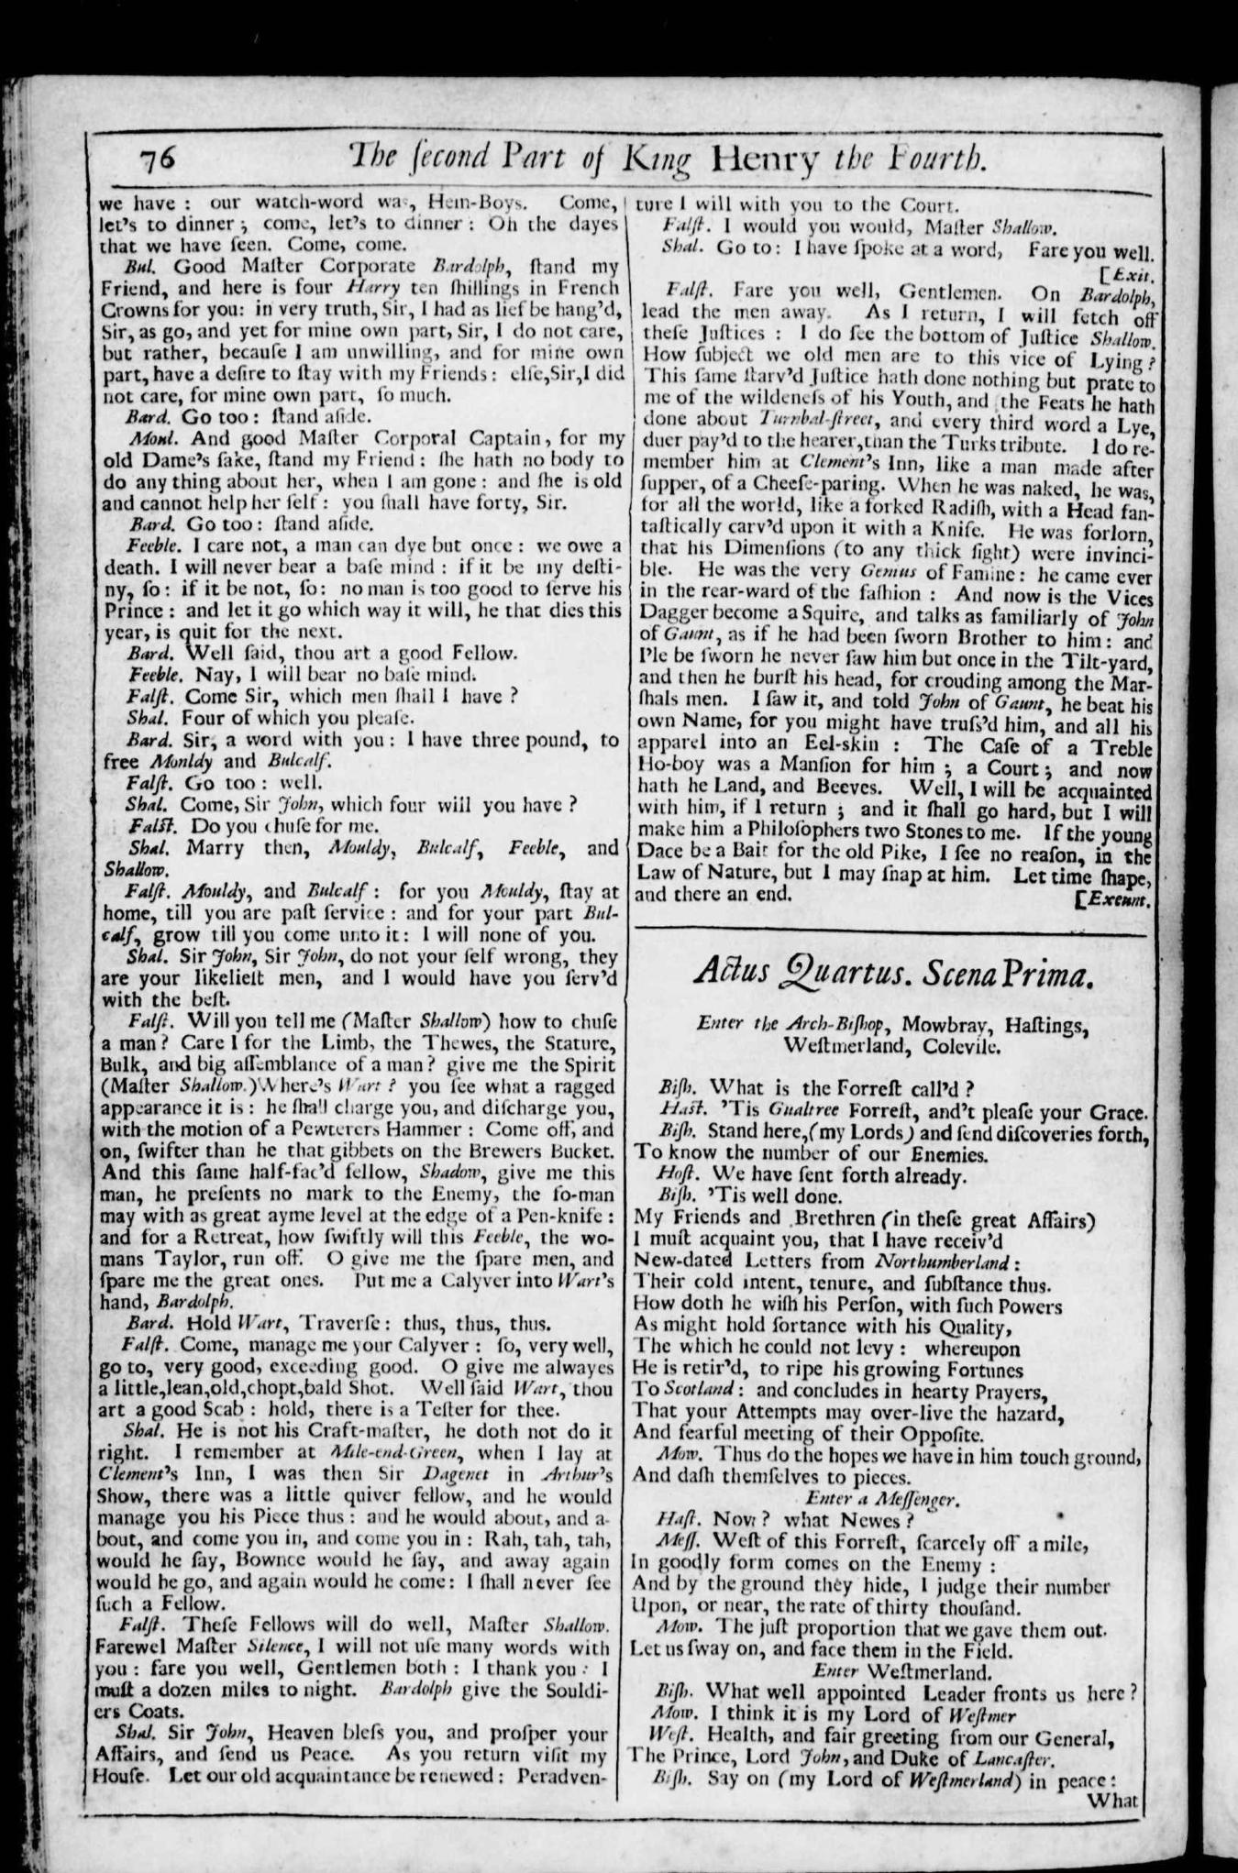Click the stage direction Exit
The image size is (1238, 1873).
pyautogui.click(x=1132, y=273)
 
